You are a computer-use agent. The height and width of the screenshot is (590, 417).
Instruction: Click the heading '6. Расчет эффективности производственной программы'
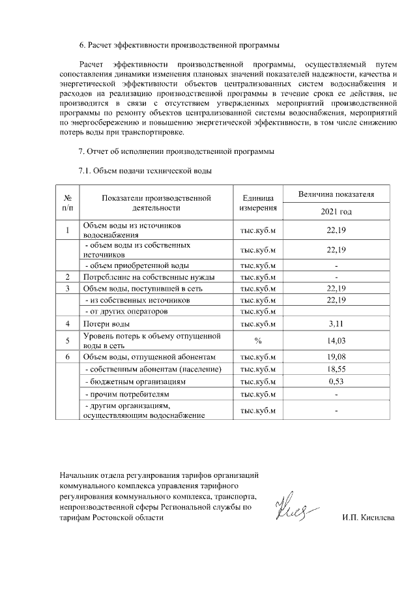179,46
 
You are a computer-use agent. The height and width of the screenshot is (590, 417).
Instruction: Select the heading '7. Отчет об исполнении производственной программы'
177,153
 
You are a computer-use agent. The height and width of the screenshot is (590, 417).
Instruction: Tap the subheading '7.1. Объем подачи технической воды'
145,171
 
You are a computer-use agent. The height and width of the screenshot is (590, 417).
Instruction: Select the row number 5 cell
67,340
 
